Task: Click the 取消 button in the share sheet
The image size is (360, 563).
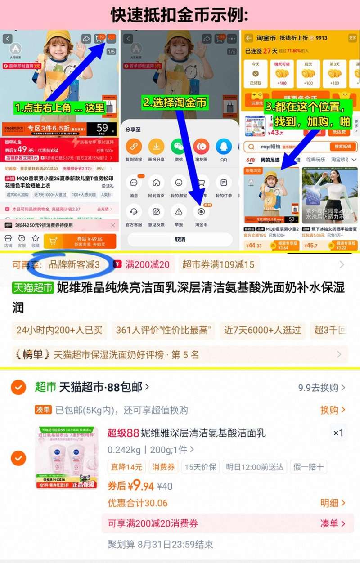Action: [x=180, y=239]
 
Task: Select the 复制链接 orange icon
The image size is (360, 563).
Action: [x=134, y=147]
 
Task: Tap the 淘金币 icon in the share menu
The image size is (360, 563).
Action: [x=201, y=211]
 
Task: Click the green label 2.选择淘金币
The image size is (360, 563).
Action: [x=175, y=103]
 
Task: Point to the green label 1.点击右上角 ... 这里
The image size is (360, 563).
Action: [x=59, y=108]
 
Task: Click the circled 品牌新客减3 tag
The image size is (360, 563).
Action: [x=74, y=265]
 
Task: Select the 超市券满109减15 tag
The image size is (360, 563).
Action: [x=218, y=265]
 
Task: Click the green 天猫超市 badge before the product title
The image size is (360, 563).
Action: [x=33, y=288]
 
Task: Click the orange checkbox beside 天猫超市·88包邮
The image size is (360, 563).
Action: [x=18, y=387]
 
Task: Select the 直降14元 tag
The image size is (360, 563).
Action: [x=127, y=467]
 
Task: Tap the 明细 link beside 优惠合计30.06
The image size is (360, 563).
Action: [x=333, y=503]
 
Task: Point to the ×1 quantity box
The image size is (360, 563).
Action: [x=338, y=433]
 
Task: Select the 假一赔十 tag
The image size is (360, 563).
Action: [x=308, y=467]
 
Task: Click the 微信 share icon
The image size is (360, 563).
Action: [x=179, y=147]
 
